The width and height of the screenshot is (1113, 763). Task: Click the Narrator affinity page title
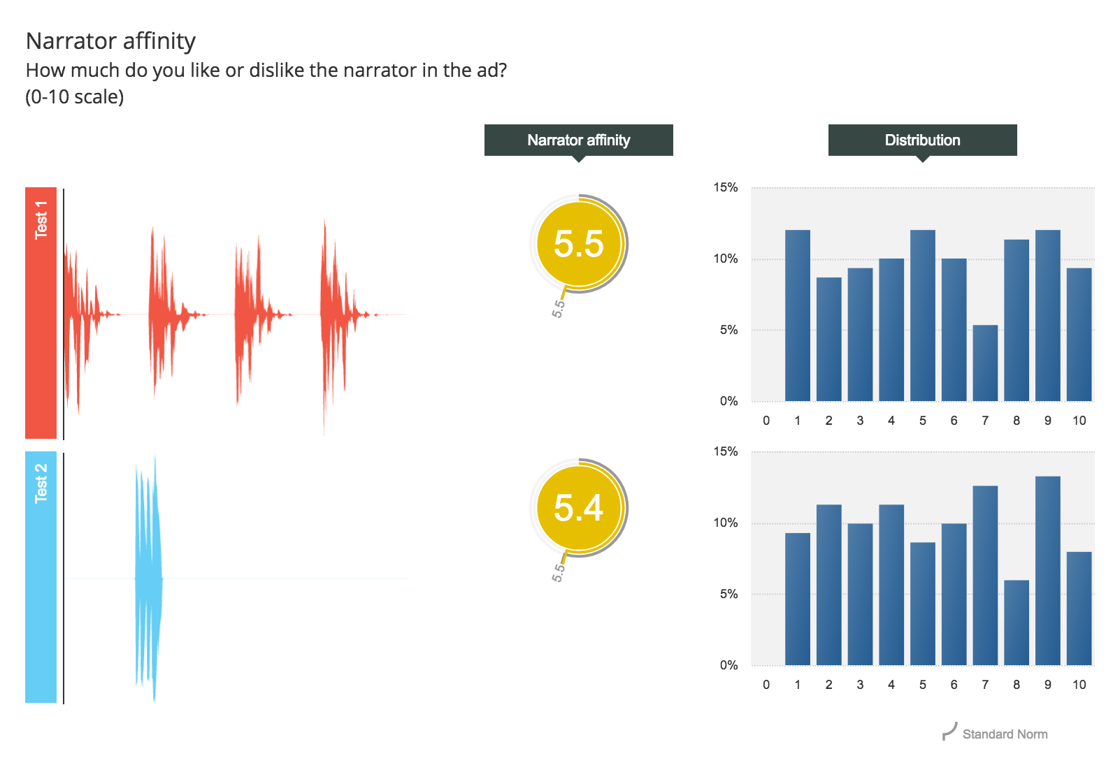click(110, 41)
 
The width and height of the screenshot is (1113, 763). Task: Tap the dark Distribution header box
click(922, 140)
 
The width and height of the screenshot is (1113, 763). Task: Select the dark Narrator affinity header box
click(578, 140)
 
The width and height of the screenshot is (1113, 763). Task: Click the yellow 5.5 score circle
click(579, 244)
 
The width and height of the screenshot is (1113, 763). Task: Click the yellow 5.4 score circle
click(579, 508)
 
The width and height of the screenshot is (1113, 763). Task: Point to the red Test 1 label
click(41, 313)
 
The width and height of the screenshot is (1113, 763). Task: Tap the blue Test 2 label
click(41, 577)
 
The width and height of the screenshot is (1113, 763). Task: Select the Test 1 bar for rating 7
click(985, 363)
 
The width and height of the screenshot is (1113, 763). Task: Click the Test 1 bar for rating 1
click(798, 315)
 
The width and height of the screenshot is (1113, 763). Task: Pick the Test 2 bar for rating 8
click(1016, 623)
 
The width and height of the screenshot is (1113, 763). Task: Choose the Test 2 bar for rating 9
click(1047, 571)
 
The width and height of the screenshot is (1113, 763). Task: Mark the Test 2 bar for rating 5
click(923, 604)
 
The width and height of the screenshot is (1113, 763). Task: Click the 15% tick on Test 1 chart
click(726, 188)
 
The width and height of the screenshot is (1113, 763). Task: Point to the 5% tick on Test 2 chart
click(728, 594)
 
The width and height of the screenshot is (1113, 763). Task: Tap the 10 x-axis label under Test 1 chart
click(1079, 421)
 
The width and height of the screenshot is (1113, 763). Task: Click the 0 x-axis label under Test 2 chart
click(766, 685)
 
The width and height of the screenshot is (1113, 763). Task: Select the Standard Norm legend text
click(1005, 734)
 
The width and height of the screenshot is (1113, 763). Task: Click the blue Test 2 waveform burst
click(149, 579)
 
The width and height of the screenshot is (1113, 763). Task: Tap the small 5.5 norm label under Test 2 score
click(558, 573)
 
